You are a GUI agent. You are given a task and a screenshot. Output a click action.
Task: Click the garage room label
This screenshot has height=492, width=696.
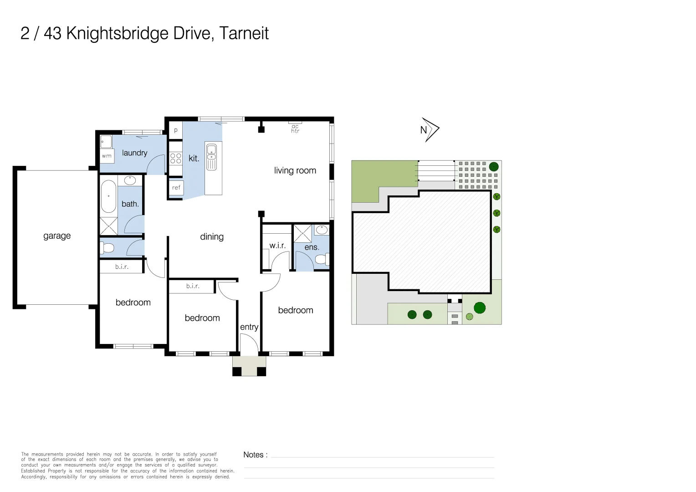tap(57, 236)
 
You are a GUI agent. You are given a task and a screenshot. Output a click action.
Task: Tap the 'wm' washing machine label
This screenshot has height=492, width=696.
tap(107, 156)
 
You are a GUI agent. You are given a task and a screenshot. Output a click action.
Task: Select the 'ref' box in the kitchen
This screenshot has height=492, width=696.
tap(176, 188)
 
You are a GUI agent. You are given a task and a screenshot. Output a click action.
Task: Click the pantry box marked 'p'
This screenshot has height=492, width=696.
tap(176, 130)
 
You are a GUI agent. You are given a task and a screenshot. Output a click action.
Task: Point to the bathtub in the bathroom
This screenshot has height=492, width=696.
tap(108, 197)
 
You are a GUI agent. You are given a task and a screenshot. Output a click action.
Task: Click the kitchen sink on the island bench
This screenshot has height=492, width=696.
tap(211, 157)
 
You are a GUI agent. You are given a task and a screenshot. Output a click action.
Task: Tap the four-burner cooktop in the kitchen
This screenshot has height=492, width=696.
tap(175, 158)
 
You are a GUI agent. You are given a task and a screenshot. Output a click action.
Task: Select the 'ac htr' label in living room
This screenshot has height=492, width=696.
tap(295, 128)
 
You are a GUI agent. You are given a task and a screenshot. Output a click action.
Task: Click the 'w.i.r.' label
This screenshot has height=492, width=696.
tap(277, 246)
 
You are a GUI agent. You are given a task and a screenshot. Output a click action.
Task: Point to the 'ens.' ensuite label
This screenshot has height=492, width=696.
tap(312, 247)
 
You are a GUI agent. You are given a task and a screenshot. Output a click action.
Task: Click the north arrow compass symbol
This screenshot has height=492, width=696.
tap(429, 130)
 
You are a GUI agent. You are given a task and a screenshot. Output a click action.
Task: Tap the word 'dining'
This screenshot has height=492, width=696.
tap(212, 237)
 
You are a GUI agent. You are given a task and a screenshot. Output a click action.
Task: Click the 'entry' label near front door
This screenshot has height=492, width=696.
tap(249, 327)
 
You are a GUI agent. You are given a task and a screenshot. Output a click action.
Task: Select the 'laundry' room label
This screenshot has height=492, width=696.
tap(134, 153)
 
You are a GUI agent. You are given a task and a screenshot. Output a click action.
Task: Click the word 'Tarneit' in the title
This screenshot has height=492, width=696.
tap(244, 33)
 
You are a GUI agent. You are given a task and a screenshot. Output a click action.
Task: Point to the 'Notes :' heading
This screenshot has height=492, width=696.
tap(255, 455)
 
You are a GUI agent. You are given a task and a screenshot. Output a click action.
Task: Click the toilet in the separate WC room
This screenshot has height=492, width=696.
tap(107, 248)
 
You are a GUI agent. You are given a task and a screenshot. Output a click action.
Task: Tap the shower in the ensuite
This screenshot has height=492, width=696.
tap(302, 233)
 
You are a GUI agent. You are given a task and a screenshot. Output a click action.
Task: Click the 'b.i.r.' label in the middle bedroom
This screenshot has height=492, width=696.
tap(193, 286)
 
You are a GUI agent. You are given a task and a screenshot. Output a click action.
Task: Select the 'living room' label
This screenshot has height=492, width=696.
tap(295, 170)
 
